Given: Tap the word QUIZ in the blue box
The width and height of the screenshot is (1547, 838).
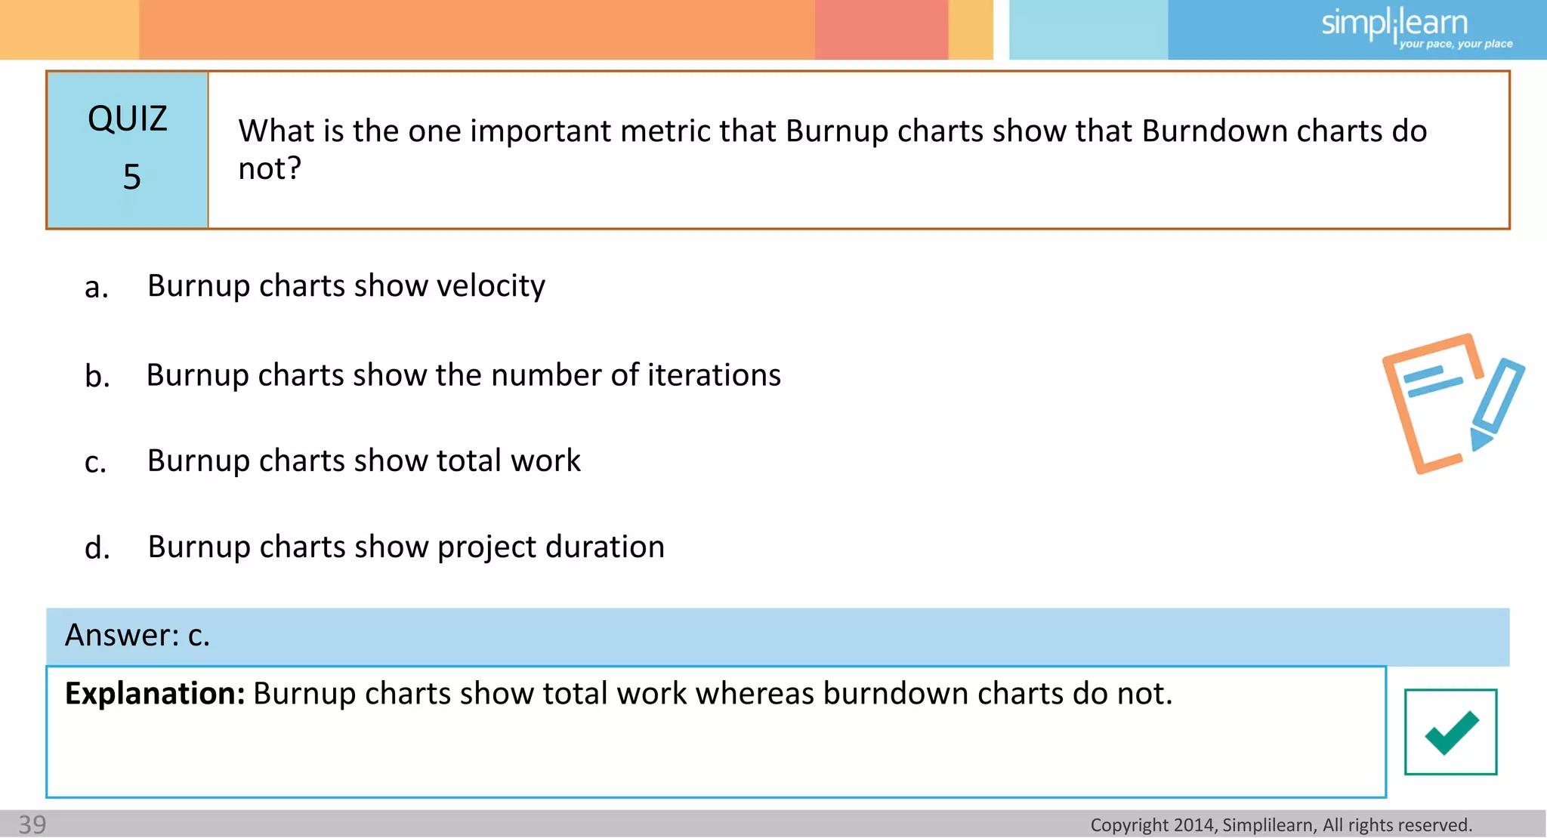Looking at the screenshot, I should [x=127, y=119].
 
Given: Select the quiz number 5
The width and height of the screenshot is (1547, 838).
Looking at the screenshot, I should [x=131, y=177].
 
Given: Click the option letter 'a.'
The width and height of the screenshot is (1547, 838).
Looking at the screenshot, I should [x=97, y=288].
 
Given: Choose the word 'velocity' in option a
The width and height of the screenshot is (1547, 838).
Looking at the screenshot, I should [x=490, y=286].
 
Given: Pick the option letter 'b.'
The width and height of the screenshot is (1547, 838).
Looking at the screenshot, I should [x=97, y=376].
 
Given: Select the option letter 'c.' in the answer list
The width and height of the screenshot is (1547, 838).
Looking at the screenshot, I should [x=96, y=462].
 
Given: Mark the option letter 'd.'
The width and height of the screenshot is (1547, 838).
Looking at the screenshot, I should [x=97, y=548].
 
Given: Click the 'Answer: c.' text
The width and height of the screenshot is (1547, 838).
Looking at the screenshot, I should [x=137, y=636].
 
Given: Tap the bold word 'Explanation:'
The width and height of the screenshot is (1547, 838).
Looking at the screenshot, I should [x=155, y=694].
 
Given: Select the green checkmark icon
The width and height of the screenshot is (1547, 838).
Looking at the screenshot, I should [x=1450, y=732].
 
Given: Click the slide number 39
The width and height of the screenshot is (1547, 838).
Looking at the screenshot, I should [x=32, y=824].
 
